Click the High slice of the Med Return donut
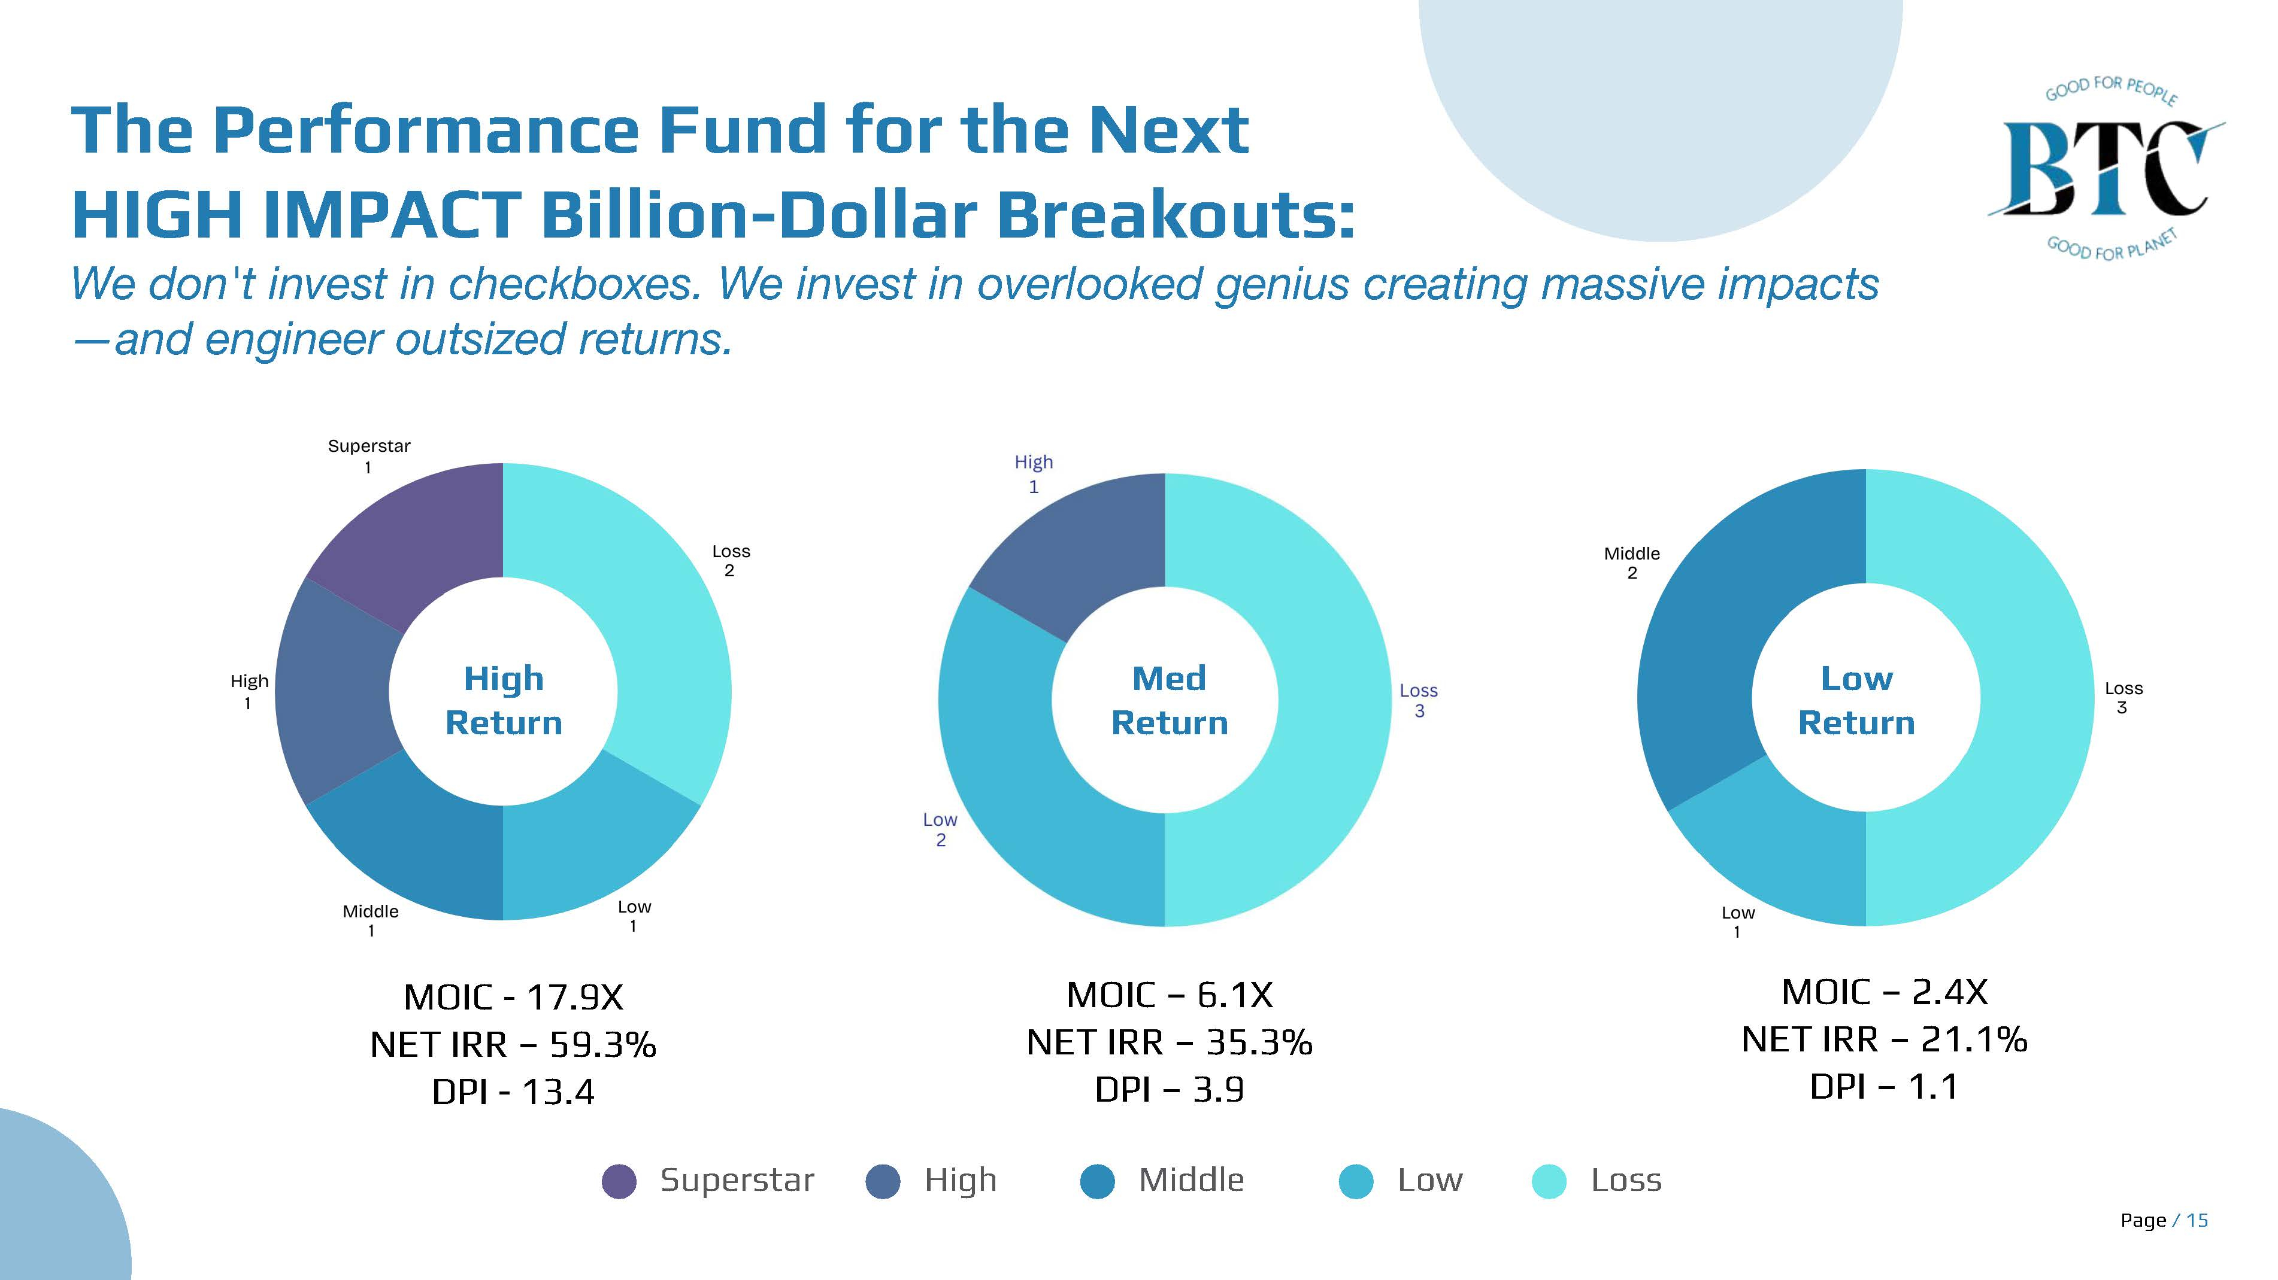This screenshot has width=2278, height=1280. pyautogui.click(x=1083, y=548)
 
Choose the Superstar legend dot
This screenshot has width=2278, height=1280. pyautogui.click(x=619, y=1181)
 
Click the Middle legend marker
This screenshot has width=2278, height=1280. pyautogui.click(x=1098, y=1181)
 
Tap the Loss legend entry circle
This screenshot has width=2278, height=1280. pyautogui.click(x=1549, y=1181)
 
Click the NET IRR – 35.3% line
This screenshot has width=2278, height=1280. pyautogui.click(x=1169, y=1042)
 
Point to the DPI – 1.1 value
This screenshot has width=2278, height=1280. pyautogui.click(x=1883, y=1086)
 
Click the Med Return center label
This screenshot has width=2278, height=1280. pyautogui.click(x=1169, y=700)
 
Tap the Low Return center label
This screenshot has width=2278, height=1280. pyautogui.click(x=1856, y=700)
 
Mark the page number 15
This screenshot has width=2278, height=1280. pyautogui.click(x=2198, y=1221)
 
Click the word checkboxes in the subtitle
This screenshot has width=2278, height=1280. pyautogui.click(x=575, y=285)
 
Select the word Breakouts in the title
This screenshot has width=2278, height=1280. pyautogui.click(x=1176, y=215)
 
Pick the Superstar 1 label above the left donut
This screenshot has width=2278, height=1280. pyautogui.click(x=369, y=455)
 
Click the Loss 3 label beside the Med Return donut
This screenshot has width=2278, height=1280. pyautogui.click(x=1419, y=700)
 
